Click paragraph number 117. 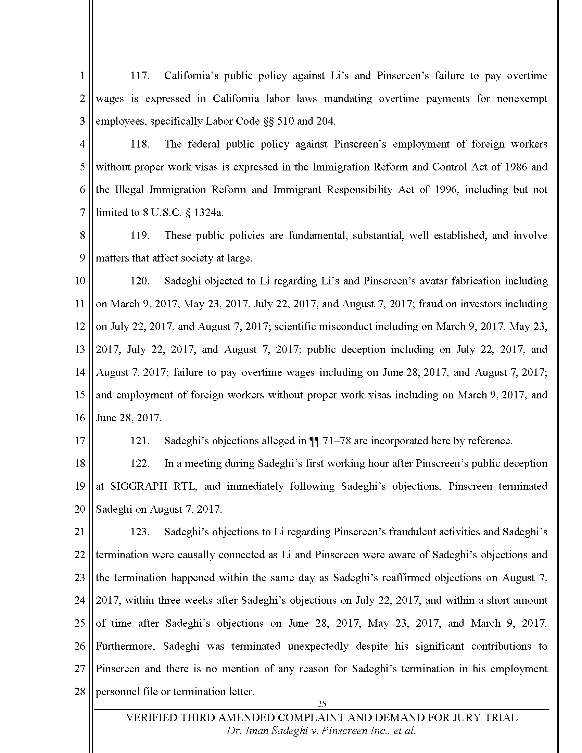139,76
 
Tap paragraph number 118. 139,144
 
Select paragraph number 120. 139,281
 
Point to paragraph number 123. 139,532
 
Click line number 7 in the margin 82,213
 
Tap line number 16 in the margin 80,418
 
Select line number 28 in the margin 80,691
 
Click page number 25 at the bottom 321,704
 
